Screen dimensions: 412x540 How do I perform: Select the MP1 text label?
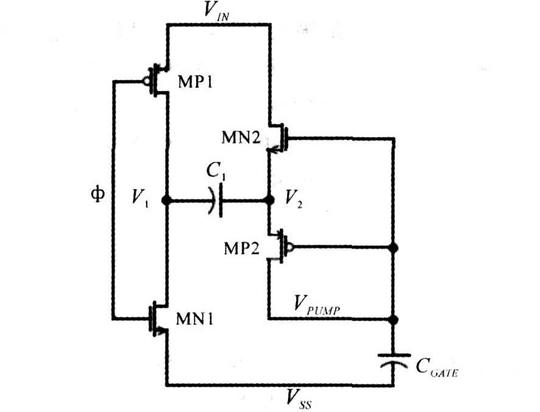point(195,83)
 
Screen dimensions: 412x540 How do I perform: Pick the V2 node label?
point(293,200)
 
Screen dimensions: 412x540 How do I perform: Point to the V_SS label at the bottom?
point(300,399)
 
